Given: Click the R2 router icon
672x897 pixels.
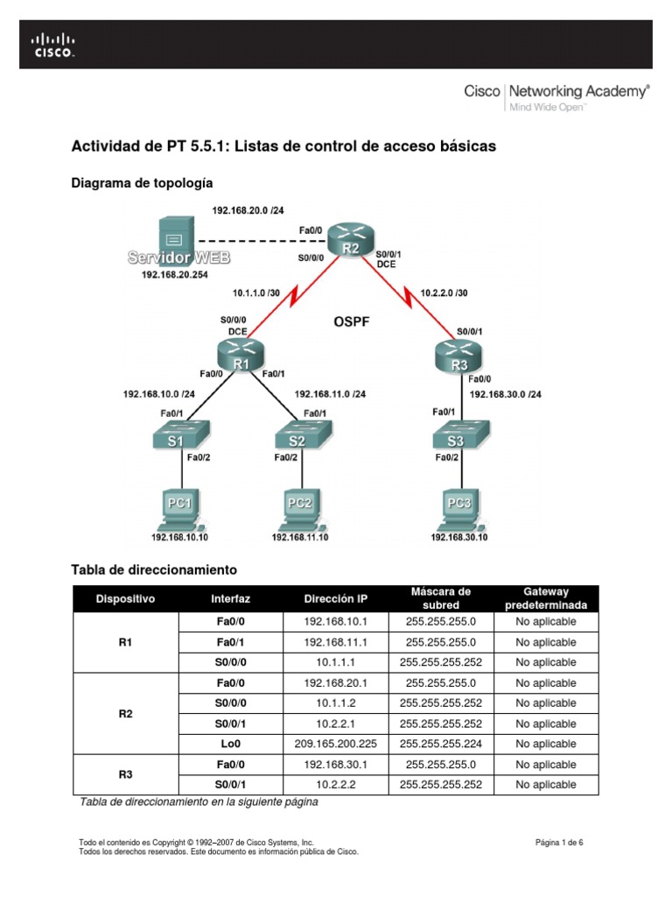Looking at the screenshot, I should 349,238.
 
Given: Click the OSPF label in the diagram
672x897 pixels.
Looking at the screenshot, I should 351,322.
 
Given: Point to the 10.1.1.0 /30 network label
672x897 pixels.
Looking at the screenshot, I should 262,293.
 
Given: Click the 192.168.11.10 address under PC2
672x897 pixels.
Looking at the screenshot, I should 300,537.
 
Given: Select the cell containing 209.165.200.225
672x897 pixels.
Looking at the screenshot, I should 336,744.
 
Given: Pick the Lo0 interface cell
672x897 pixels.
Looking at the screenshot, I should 231,744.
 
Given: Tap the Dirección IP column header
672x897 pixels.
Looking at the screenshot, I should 336,598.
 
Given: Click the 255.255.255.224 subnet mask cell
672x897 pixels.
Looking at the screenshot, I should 440,744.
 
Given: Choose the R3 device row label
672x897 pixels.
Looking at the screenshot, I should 124,774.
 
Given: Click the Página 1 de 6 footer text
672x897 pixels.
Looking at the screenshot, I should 559,843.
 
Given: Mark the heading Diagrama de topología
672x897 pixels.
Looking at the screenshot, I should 141,183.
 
